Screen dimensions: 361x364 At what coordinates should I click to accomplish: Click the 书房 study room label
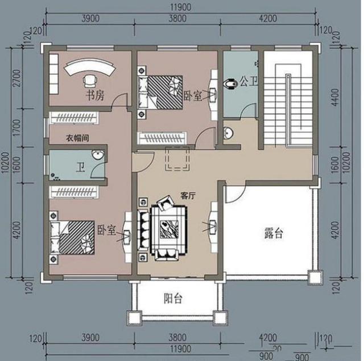95,95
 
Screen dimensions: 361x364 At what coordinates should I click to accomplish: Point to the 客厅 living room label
188,196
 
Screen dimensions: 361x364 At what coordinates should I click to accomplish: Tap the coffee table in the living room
168,228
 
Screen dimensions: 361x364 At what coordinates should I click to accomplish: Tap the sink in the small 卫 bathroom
98,156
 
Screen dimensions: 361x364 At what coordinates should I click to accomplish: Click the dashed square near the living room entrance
176,159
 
